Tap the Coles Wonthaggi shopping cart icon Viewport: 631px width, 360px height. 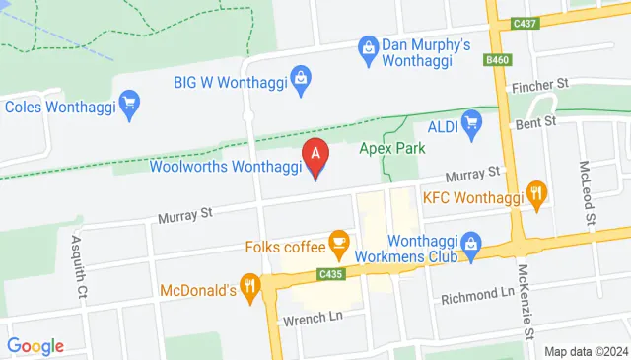point(127,101)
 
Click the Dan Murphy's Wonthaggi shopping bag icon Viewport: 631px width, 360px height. point(368,46)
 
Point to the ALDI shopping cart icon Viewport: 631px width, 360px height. point(471,123)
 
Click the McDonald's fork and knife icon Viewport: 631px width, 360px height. point(251,288)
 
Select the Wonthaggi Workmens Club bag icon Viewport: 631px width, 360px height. point(472,241)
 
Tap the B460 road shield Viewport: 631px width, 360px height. point(498,60)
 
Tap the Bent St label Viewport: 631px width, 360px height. point(537,122)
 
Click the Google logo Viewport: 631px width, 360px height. point(35,346)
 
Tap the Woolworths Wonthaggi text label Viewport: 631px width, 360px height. point(225,166)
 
